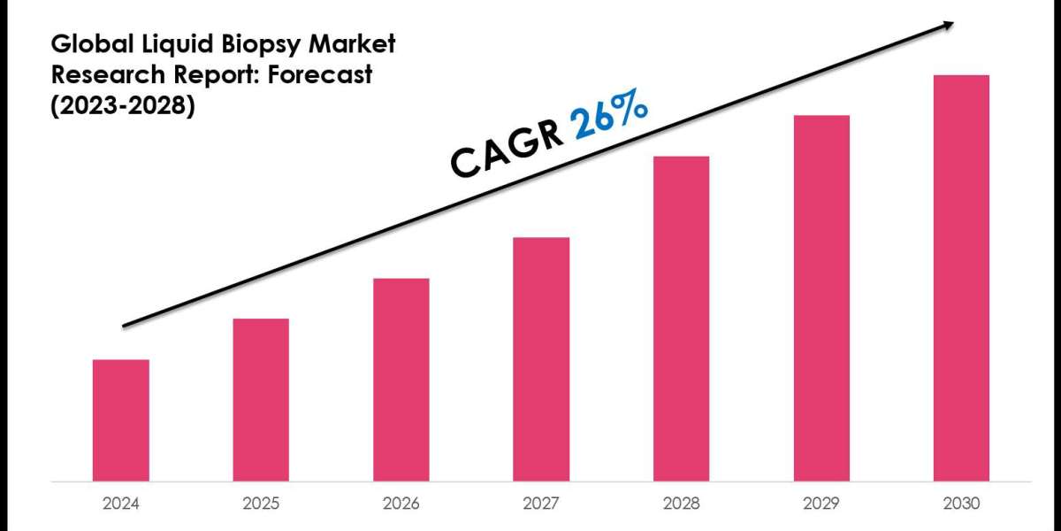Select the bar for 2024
(121, 420)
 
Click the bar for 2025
(261, 400)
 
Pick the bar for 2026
(401, 380)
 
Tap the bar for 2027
(541, 359)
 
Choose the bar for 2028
(681, 319)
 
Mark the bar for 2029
(821, 298)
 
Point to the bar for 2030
(961, 278)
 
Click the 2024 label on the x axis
(121, 504)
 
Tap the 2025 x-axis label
(261, 504)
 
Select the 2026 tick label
(401, 504)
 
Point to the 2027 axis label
(541, 504)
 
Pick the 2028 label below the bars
(681, 504)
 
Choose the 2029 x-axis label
(821, 504)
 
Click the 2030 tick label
(961, 504)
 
